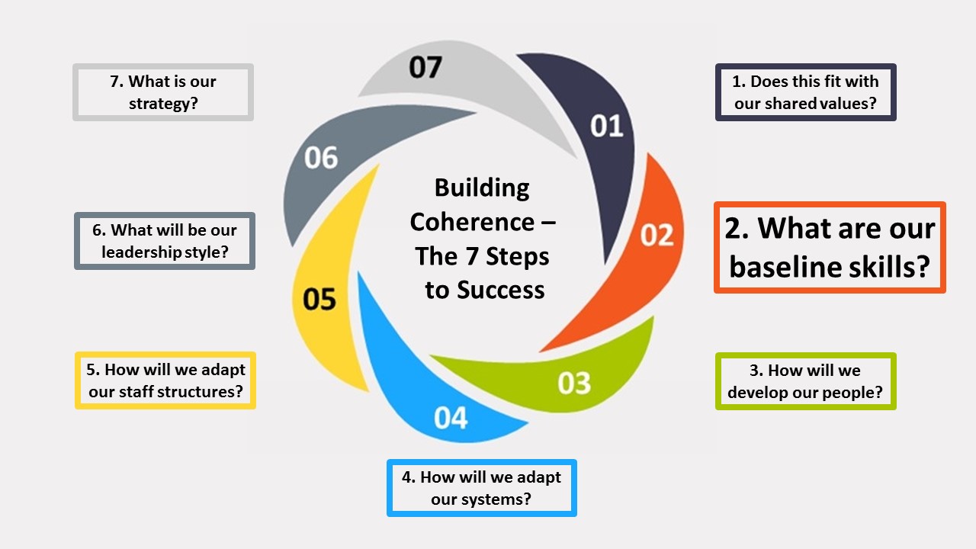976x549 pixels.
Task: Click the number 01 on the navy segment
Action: (x=607, y=126)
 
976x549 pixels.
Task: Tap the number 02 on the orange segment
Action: (x=657, y=235)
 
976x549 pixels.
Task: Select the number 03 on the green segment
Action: (x=574, y=382)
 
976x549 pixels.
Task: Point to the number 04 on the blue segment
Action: (x=451, y=418)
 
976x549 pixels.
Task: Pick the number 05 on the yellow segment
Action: (x=319, y=299)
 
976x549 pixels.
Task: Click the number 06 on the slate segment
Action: (x=321, y=158)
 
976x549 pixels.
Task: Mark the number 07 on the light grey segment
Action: (x=425, y=67)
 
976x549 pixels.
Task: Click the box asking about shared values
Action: (x=806, y=92)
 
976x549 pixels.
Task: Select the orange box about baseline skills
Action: (x=830, y=248)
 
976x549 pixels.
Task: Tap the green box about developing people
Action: (x=805, y=381)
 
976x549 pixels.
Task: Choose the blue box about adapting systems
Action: (x=481, y=488)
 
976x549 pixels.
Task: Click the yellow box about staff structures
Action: (x=165, y=380)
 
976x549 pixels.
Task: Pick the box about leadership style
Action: (x=165, y=241)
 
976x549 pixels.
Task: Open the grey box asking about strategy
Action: (x=163, y=92)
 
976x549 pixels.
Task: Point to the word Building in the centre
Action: (x=482, y=188)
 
